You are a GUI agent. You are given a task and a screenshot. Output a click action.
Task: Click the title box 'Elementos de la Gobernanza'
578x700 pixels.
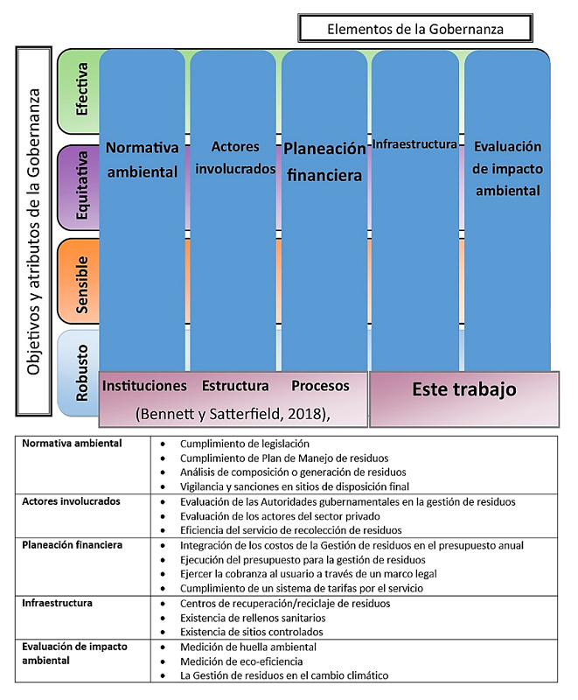click(415, 29)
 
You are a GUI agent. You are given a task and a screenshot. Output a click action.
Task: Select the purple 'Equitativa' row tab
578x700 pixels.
click(80, 188)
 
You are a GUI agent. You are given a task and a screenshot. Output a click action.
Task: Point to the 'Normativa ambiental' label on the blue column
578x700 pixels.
click(142, 159)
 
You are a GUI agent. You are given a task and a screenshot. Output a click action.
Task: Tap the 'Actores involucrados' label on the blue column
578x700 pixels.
click(233, 157)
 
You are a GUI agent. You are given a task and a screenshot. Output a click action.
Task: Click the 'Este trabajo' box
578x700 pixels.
click(463, 389)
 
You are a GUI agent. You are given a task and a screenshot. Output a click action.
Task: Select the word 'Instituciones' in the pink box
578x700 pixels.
click(144, 386)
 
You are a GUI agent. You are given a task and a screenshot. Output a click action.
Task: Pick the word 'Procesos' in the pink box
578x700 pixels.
click(320, 386)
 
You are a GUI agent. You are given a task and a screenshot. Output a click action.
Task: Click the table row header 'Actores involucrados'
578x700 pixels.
click(71, 502)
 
